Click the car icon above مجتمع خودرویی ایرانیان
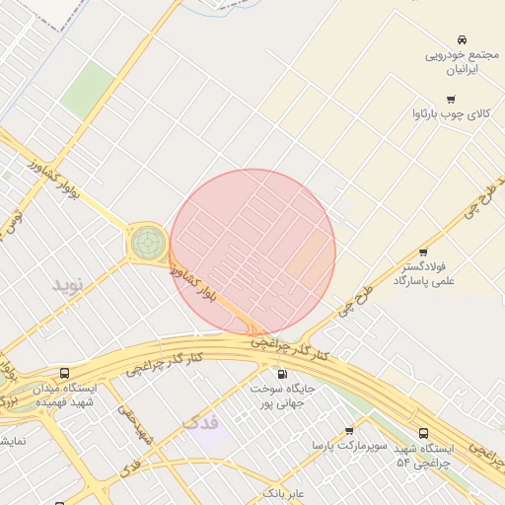(462, 39)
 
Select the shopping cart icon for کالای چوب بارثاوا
(451, 99)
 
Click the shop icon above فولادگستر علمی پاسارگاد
(423, 252)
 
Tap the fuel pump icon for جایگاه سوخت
(283, 374)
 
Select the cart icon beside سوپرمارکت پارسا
(349, 431)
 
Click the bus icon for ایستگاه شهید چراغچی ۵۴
(424, 432)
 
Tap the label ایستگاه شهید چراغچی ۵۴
(423, 455)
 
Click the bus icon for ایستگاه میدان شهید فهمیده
(65, 374)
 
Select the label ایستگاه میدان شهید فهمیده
(61, 396)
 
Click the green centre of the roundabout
(148, 241)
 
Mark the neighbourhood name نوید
(70, 285)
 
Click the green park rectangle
(87, 89)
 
